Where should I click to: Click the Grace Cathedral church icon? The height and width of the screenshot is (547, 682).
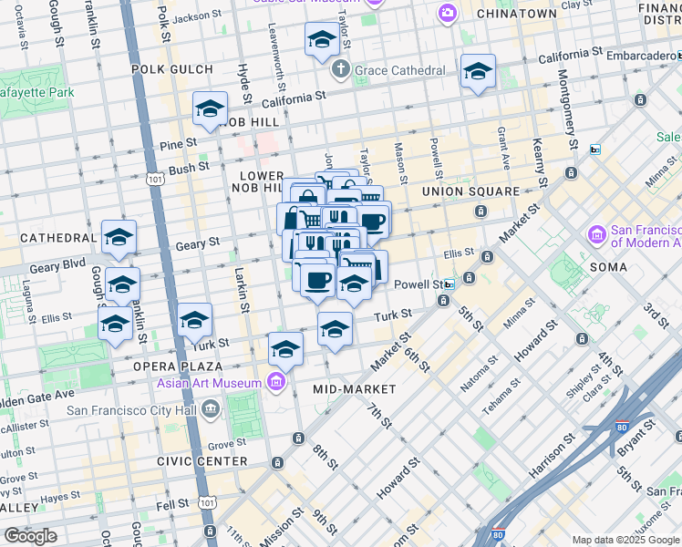pos(340,70)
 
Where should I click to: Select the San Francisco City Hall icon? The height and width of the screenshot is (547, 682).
pos(211,408)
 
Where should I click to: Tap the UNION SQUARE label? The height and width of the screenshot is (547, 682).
pos(470,191)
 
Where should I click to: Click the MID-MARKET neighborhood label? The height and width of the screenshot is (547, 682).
pos(355,389)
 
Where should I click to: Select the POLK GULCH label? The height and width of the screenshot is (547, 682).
pos(172,69)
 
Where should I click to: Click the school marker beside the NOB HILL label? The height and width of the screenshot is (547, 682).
pos(210,111)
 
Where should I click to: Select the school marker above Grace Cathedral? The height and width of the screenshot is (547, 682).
pos(321,41)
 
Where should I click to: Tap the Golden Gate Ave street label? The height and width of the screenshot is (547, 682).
pos(36,395)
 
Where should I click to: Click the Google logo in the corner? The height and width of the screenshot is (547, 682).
pos(30,536)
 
